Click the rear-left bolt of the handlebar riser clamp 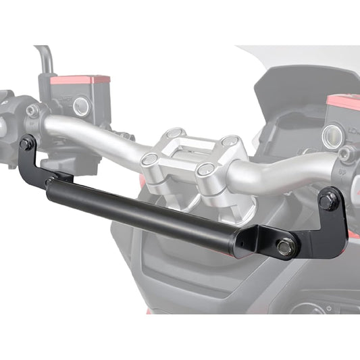pyautogui.click(x=174, y=134)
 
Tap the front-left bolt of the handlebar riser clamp pyautogui.click(x=149, y=160)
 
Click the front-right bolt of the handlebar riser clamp pyautogui.click(x=205, y=170)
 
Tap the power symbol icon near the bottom pyautogui.click(x=329, y=308)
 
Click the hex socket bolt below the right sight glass pyautogui.click(x=347, y=155)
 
